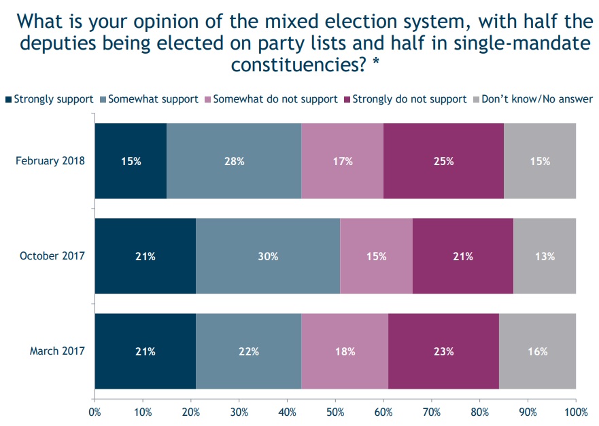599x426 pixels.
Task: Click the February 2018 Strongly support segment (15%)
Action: (131, 161)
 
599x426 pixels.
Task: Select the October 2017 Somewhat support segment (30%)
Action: (268, 256)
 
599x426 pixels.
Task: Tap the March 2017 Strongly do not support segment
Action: (443, 351)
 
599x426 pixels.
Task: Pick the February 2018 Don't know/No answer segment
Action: (540, 161)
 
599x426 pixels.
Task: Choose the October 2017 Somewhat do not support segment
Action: (376, 256)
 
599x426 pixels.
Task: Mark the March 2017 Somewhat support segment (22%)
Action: (249, 351)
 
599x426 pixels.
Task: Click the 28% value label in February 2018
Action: (234, 162)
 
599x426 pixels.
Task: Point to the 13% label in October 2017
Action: (545, 257)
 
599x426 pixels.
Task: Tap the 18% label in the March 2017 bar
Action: (345, 352)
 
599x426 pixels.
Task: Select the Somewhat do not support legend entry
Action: (275, 99)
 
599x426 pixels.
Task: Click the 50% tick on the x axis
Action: (335, 411)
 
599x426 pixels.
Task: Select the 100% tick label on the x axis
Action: (575, 411)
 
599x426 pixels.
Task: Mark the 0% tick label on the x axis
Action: (95, 411)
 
